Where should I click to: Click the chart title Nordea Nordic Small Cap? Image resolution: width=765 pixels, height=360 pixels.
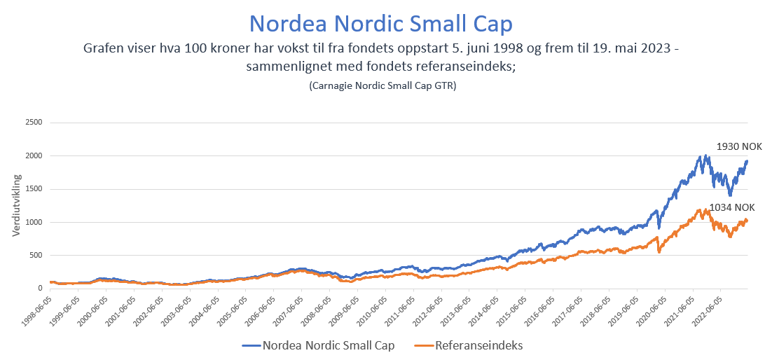[381, 23]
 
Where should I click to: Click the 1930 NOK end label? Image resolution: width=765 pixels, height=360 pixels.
[738, 146]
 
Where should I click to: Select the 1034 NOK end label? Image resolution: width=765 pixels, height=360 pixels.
[732, 207]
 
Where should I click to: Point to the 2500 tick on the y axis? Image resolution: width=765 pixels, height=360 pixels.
[34, 123]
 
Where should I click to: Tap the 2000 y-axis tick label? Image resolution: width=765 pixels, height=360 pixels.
[34, 155]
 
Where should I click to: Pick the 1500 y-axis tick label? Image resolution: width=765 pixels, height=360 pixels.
[34, 189]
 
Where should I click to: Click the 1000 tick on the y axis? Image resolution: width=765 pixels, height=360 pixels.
[34, 222]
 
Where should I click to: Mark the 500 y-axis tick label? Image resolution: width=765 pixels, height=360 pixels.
[36, 255]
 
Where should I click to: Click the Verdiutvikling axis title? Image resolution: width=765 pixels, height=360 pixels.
[16, 205]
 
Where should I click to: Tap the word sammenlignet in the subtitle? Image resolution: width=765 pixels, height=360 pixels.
[288, 67]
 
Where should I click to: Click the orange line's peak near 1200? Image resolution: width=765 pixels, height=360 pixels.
[706, 209]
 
